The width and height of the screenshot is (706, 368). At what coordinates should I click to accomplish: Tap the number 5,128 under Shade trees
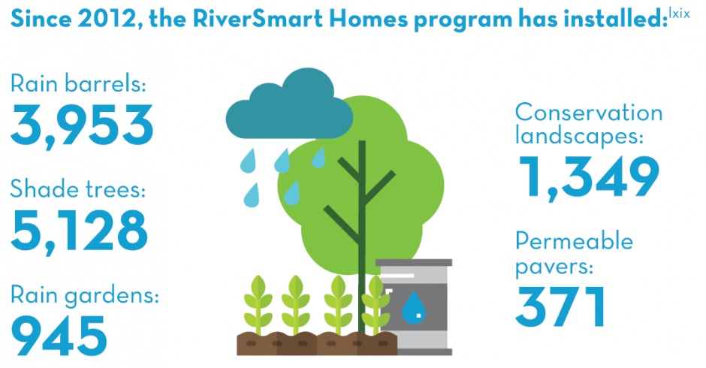(80, 231)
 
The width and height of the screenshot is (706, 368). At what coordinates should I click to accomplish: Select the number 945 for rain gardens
(59, 335)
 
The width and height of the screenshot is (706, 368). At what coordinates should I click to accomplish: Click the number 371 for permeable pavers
(560, 306)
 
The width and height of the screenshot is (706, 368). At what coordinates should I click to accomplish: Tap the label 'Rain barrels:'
(78, 84)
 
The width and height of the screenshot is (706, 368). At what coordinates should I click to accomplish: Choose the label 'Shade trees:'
(78, 189)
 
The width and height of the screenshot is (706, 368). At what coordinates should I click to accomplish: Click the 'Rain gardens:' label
(85, 297)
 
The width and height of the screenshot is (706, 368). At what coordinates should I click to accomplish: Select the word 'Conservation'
(589, 113)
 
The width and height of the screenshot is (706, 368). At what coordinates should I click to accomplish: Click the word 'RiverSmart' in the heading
(258, 20)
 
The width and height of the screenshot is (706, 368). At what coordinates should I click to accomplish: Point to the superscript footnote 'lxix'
(680, 14)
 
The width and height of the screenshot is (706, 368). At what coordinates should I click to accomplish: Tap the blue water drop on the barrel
(414, 308)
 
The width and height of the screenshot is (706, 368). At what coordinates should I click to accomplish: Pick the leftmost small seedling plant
(258, 305)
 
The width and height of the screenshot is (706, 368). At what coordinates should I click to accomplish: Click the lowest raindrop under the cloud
(252, 195)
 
